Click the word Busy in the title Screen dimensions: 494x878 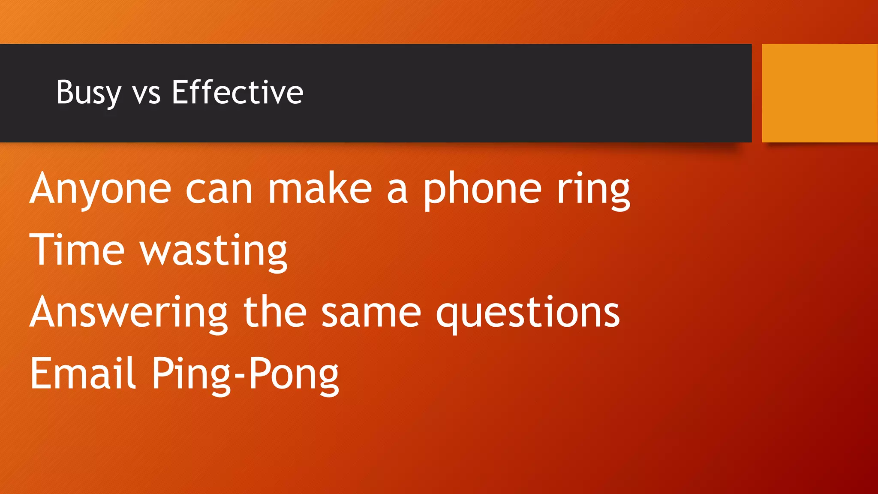tap(88, 93)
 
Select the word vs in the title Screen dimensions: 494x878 tap(146, 93)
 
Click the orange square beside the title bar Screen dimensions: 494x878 tap(820, 93)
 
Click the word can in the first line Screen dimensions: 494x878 tap(219, 190)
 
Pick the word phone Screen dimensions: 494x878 tap(483, 190)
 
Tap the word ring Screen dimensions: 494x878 tap(593, 190)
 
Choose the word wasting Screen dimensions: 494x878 tap(214, 251)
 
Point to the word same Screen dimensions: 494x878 tap(371, 313)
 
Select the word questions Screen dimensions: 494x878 tap(528, 313)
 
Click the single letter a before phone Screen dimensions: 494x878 tap(397, 191)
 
